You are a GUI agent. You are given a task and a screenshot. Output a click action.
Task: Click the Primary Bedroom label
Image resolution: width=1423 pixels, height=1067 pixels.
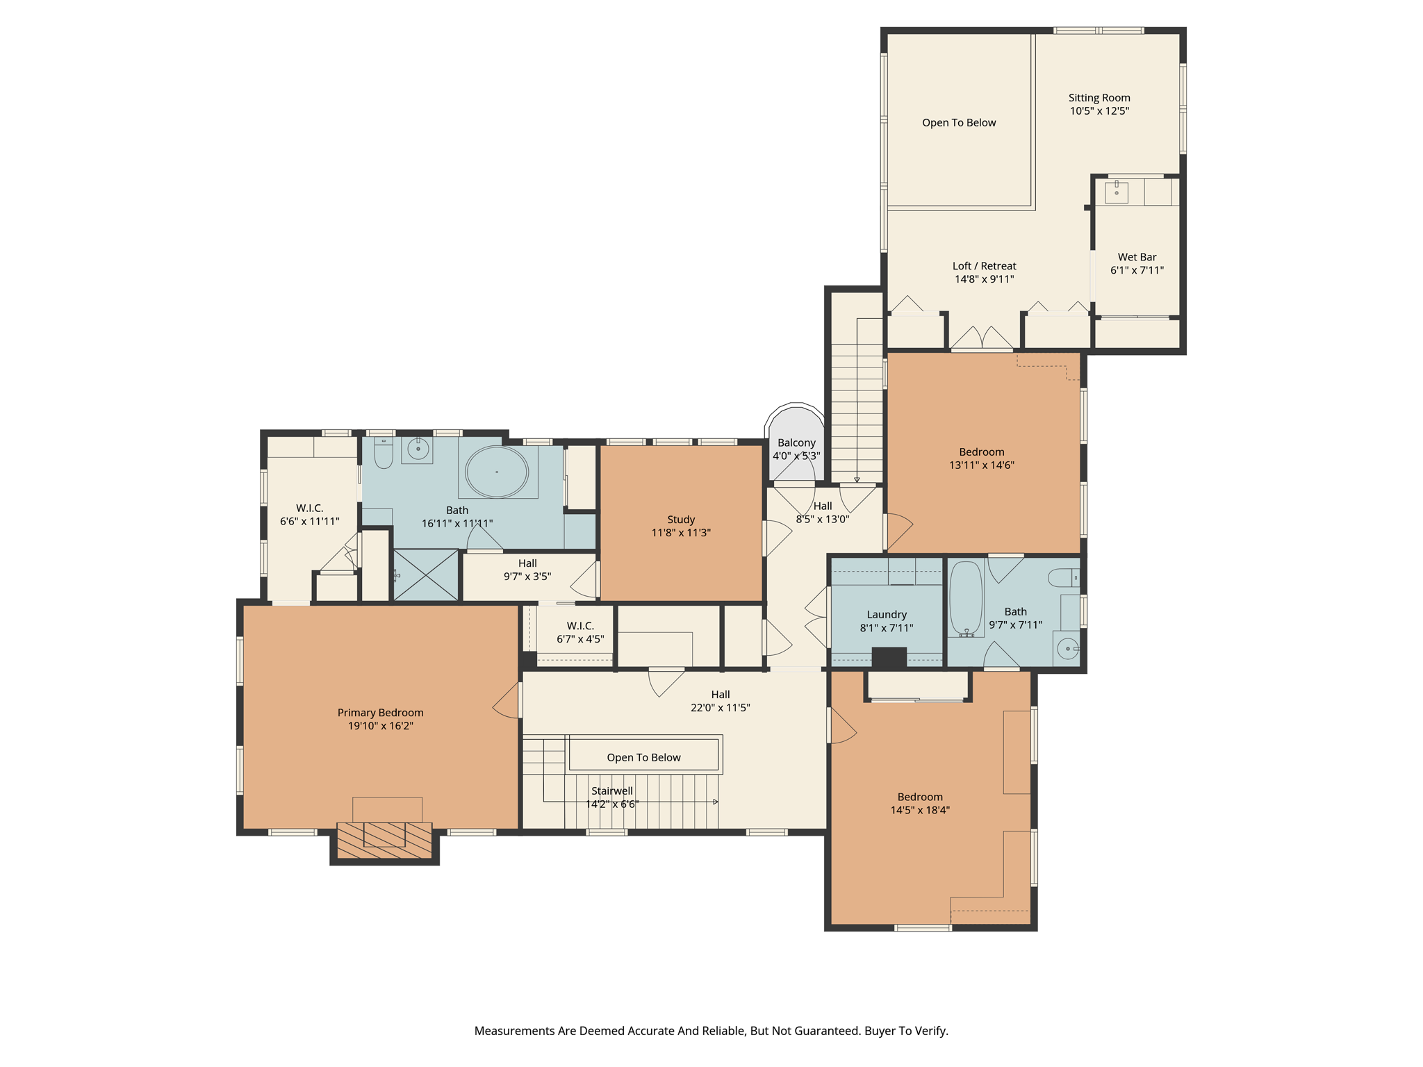tap(380, 713)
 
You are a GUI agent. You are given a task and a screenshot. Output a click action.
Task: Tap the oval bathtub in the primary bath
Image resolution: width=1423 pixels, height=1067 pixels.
tap(497, 472)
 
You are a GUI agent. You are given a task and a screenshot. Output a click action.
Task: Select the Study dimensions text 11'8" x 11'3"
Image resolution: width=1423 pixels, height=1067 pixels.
tap(681, 533)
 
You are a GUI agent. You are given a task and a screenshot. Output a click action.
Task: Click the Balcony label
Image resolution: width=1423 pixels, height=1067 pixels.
tap(796, 442)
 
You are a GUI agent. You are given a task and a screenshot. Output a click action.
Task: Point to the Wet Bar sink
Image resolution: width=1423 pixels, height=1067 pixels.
tap(1116, 192)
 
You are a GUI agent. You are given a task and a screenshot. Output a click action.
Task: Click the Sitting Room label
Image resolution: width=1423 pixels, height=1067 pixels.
tap(1099, 98)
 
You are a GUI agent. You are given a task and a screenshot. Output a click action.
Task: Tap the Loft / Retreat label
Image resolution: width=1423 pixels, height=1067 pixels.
tap(984, 266)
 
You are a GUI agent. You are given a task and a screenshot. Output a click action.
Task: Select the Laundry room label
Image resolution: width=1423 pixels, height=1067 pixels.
tap(887, 615)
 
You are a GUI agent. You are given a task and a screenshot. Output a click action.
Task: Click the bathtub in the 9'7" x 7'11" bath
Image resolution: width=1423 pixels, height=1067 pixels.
tap(966, 598)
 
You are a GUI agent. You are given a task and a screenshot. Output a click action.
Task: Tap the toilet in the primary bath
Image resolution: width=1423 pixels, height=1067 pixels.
tap(384, 454)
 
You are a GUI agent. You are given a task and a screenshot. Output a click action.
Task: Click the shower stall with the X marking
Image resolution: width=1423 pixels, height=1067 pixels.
tap(426, 575)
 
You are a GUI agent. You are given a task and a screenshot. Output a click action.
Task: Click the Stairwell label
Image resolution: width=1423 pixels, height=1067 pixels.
tap(611, 791)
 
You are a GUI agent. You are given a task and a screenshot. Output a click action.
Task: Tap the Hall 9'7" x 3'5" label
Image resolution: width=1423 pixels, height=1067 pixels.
tap(527, 570)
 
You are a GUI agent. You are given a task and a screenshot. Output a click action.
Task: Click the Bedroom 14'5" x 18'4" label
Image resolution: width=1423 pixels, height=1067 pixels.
tap(920, 797)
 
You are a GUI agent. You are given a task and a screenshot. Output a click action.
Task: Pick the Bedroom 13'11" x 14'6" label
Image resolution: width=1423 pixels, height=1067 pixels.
tap(981, 452)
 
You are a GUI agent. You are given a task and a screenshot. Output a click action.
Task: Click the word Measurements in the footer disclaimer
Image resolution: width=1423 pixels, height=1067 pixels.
tap(514, 1031)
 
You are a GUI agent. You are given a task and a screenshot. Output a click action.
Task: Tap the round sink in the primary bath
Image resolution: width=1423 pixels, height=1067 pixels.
tap(418, 449)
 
